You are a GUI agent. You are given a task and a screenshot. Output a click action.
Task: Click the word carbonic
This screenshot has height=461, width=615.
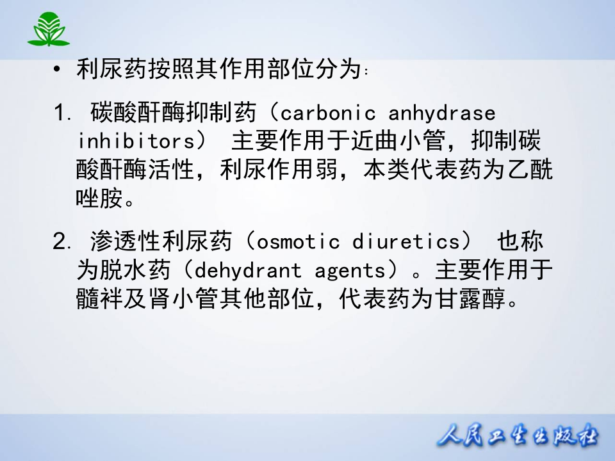tap(328, 113)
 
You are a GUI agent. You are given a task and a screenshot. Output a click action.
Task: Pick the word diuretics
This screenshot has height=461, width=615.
tap(407, 241)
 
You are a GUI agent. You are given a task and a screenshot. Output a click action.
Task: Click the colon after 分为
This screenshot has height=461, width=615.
tap(366, 72)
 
